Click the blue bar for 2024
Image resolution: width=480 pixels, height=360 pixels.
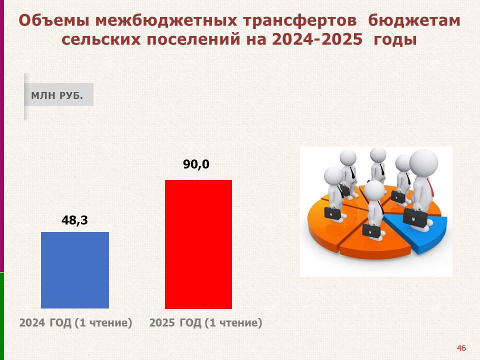pos(75,270)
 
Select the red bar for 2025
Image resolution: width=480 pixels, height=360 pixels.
pos(198,244)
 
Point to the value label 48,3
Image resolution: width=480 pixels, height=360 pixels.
pos(74,220)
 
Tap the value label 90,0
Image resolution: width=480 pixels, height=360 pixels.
pos(196,164)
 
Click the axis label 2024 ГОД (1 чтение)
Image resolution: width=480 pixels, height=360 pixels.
pos(76,322)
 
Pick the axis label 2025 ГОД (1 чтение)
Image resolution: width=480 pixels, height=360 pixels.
pos(205,322)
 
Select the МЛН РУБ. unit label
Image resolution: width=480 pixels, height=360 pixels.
pos(57,95)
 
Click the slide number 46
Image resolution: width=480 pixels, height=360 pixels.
pos(461,348)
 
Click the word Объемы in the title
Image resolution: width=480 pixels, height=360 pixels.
pos(54,21)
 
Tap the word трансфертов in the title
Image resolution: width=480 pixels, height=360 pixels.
pos(300,21)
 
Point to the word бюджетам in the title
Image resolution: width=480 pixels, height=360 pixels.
pos(414,21)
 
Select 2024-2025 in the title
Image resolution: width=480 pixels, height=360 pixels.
pos(317,39)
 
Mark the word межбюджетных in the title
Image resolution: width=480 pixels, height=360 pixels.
pos(166,21)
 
